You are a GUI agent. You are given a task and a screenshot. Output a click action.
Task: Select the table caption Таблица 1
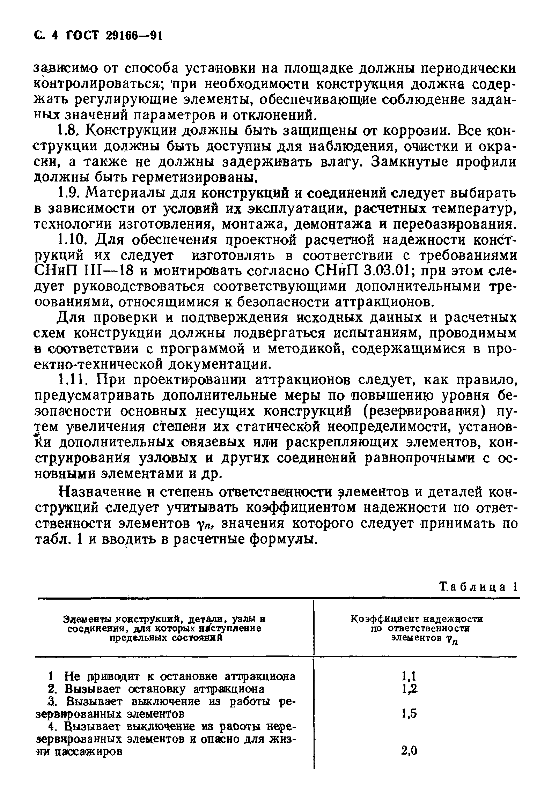(x=478, y=587)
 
